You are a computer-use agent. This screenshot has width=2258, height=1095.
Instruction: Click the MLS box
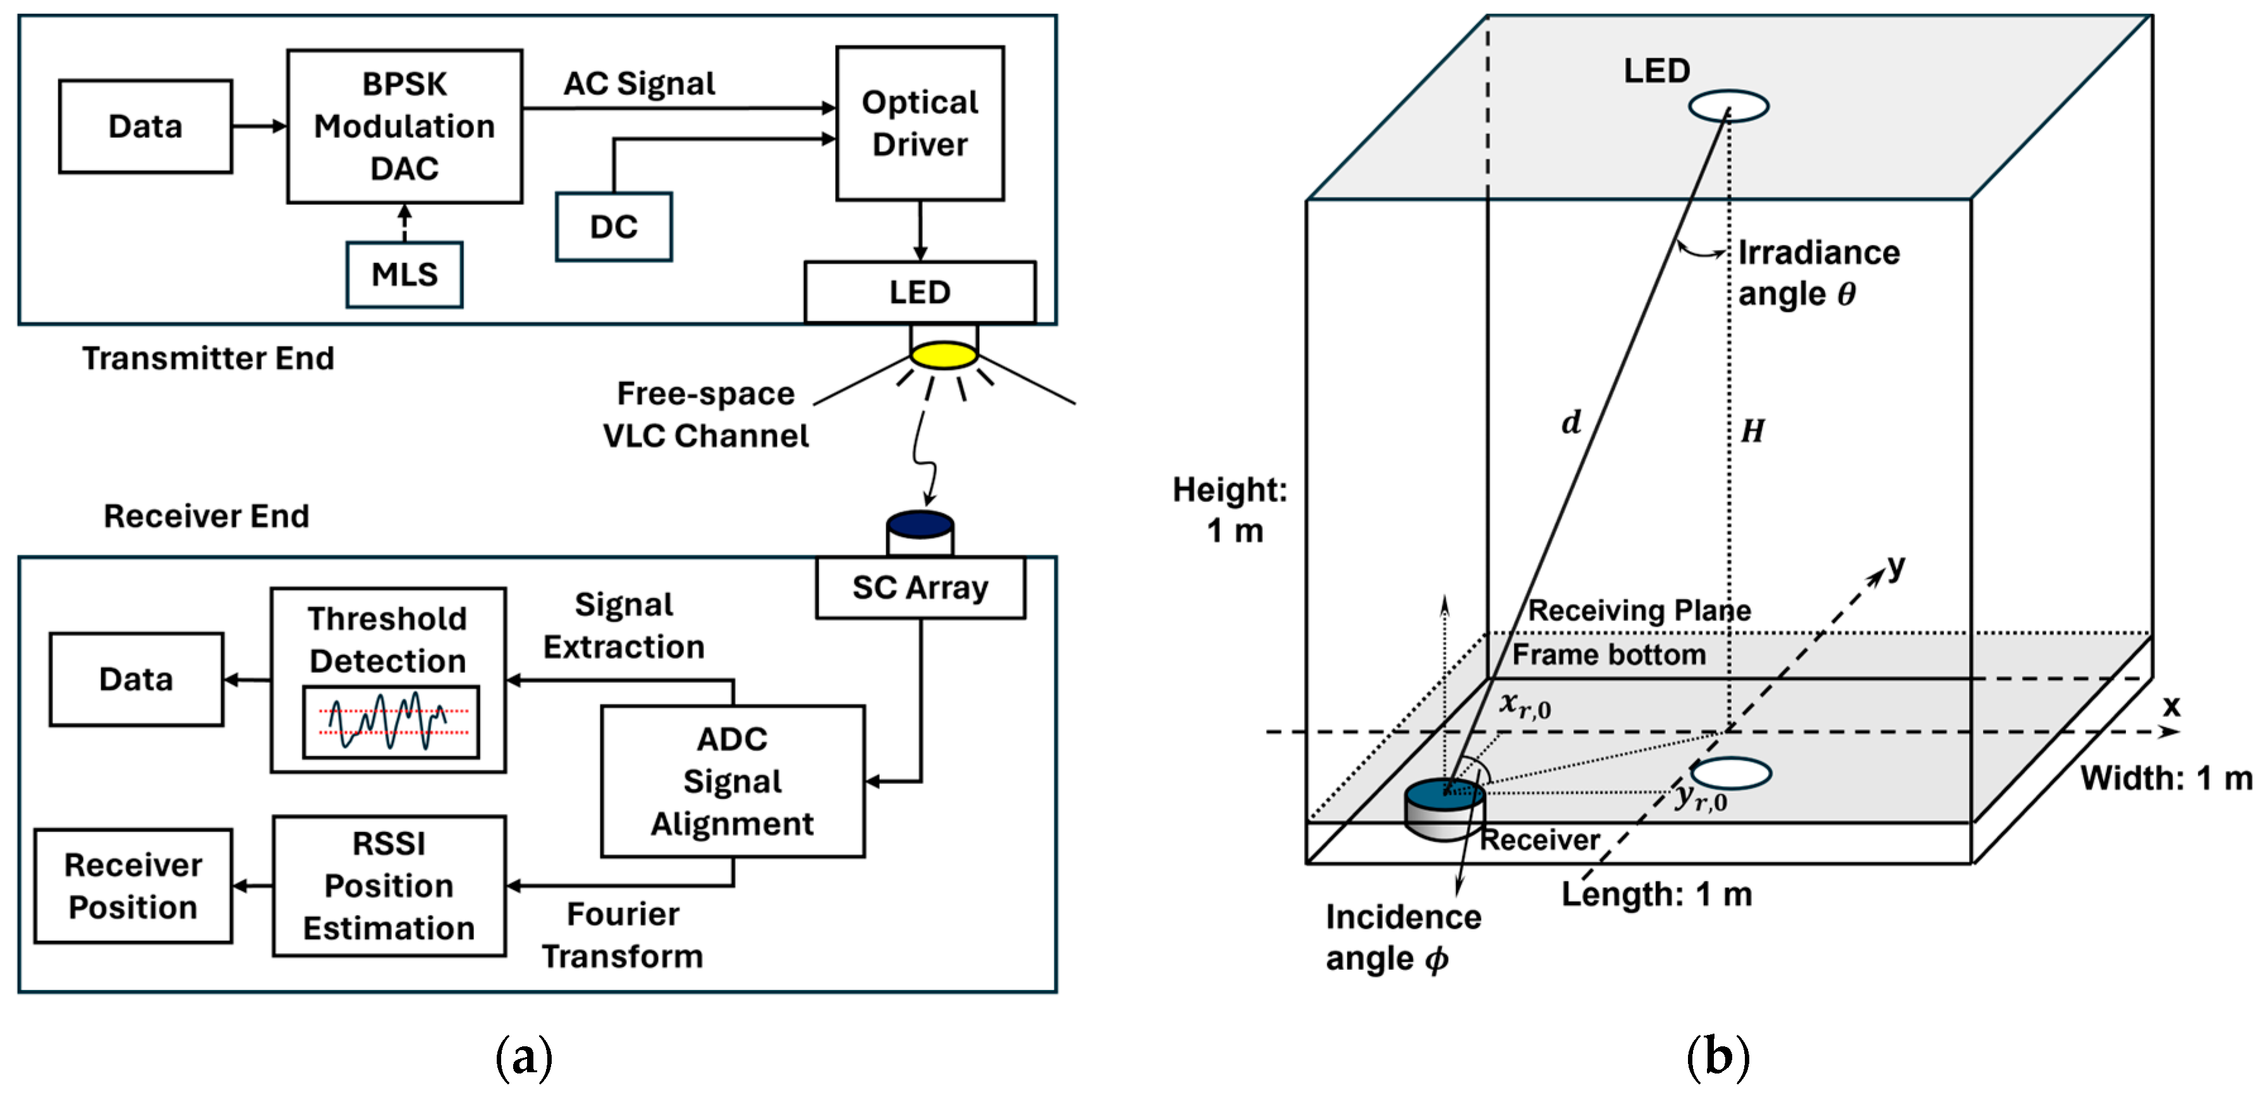(x=404, y=274)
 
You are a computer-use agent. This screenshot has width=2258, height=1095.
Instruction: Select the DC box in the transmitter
(x=614, y=227)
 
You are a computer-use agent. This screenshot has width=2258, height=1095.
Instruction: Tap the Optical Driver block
(x=920, y=124)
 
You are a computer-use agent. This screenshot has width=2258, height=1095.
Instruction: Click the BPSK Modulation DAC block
(x=404, y=126)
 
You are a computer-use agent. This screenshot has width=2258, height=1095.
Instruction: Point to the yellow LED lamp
(x=943, y=355)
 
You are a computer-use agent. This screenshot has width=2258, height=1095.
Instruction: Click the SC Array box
(x=920, y=587)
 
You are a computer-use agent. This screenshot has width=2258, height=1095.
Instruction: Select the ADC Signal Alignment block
(x=732, y=781)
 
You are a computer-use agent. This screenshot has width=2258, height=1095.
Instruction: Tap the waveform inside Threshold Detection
(x=390, y=721)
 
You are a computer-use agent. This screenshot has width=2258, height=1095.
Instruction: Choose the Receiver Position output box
(x=133, y=886)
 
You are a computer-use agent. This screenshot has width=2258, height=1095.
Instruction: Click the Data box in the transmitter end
(x=145, y=126)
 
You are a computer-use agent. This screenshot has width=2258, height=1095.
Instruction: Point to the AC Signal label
(x=639, y=83)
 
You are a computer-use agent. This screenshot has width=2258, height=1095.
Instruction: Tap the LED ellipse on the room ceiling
(x=1728, y=106)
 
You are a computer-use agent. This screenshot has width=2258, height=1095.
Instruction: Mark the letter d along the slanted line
(x=1572, y=422)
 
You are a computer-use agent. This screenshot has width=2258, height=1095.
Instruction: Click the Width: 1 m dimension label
(x=2166, y=778)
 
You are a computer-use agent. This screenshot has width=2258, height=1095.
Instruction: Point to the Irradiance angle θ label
(x=1818, y=272)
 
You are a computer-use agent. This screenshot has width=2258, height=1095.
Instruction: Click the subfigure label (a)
(x=523, y=1056)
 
